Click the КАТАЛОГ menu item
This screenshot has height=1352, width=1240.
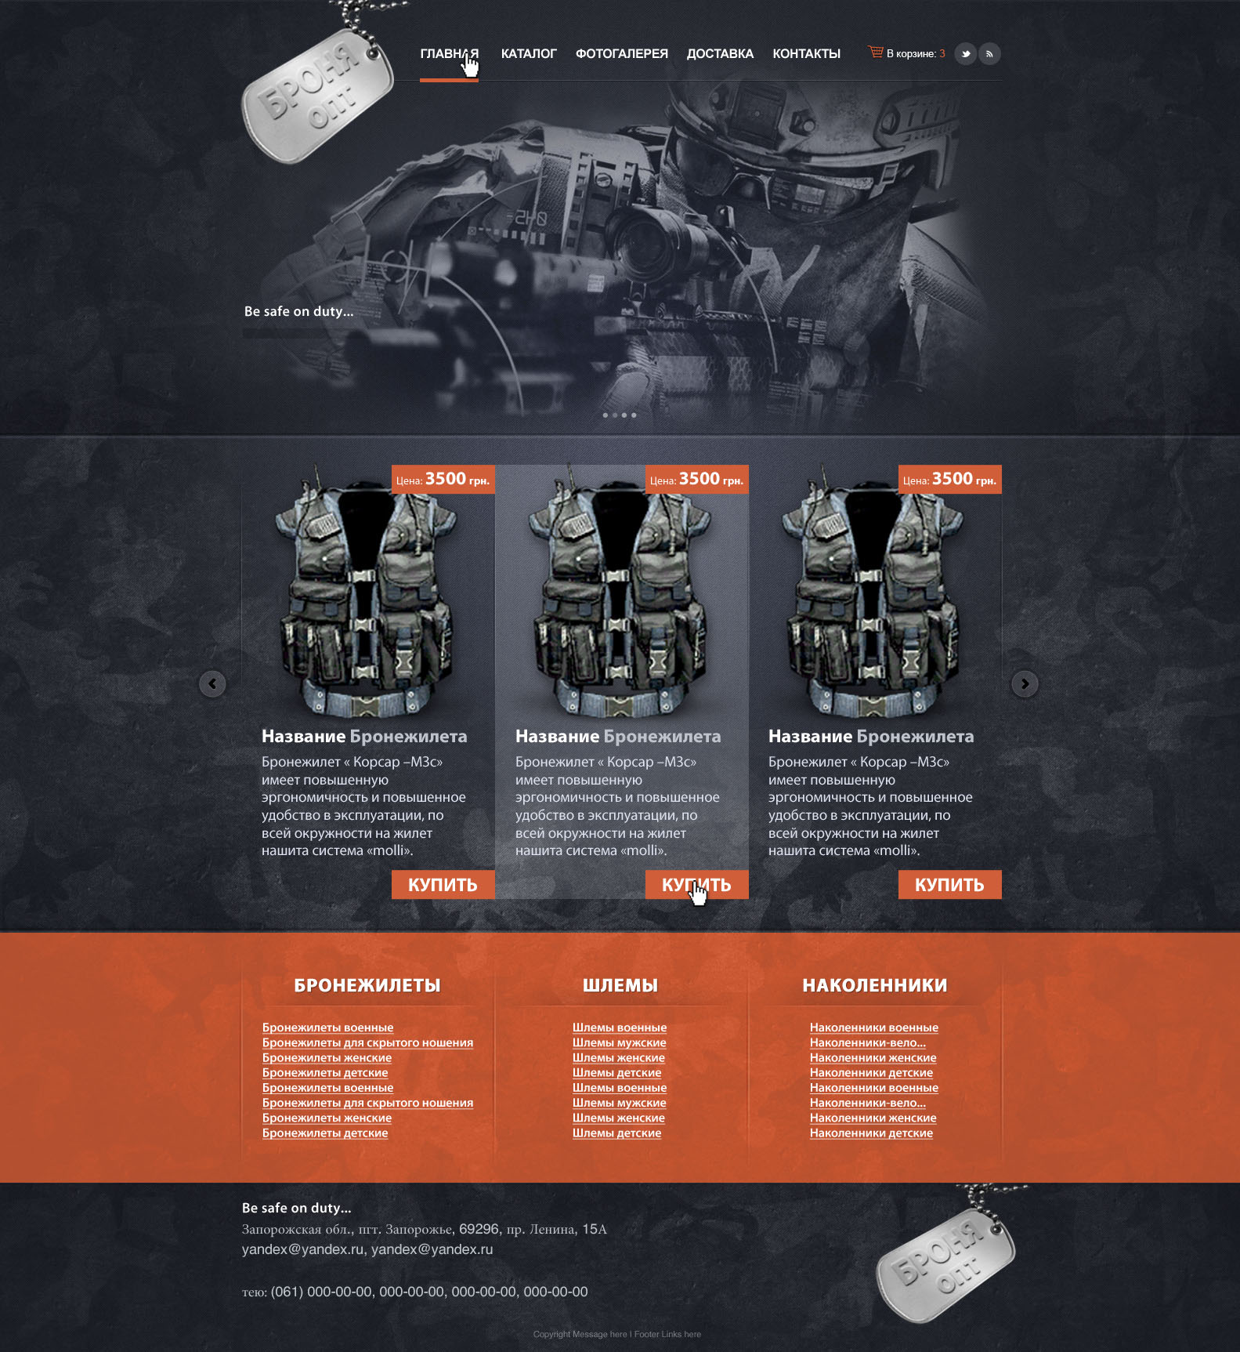pos(529,54)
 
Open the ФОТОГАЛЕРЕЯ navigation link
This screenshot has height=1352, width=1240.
pos(622,54)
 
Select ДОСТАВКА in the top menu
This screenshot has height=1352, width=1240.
pos(720,54)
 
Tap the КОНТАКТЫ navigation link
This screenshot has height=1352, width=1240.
pos(806,54)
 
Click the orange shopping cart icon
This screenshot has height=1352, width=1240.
pos(876,52)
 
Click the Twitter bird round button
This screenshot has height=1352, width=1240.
pos(966,54)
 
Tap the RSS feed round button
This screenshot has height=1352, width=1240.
pos(990,54)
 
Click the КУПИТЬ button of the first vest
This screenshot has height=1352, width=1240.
pos(443,885)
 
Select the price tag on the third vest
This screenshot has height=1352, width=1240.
pos(949,480)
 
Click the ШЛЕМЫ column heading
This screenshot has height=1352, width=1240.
pos(620,985)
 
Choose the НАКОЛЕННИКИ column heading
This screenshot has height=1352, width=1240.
pos(875,985)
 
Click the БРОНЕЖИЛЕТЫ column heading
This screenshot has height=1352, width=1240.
pos(367,985)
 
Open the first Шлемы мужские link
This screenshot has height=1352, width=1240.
pos(620,1043)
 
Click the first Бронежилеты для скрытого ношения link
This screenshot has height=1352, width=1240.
pos(367,1043)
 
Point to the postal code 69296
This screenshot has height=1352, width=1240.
pos(479,1229)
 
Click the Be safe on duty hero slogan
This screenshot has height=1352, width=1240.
pos(298,311)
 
